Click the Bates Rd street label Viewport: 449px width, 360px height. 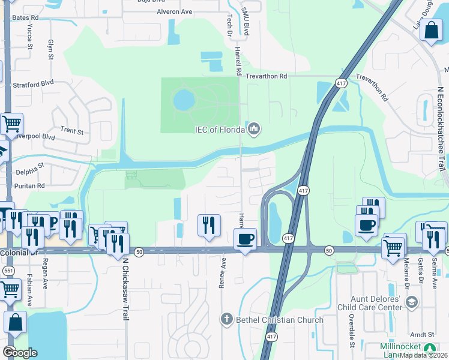pos(25,18)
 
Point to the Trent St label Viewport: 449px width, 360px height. pos(71,130)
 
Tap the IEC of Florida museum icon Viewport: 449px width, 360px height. pos(254,129)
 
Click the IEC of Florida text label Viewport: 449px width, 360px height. pos(219,130)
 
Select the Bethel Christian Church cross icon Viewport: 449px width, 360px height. pos(226,319)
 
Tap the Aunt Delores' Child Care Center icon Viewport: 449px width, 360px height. pos(411,304)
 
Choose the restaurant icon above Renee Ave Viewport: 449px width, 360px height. pos(209,225)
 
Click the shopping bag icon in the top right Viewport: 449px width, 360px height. pos(431,29)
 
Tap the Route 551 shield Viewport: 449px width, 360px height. pos(9,271)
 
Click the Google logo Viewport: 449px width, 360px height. pos(20,352)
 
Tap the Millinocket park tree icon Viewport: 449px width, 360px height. pos(430,347)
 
